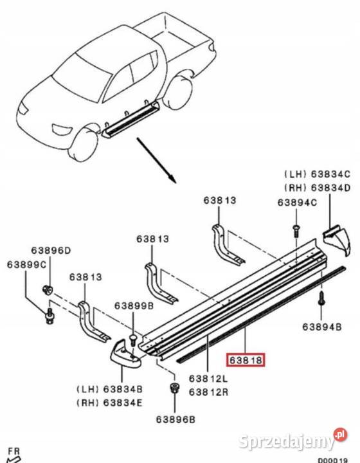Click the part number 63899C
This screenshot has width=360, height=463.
point(27,264)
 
